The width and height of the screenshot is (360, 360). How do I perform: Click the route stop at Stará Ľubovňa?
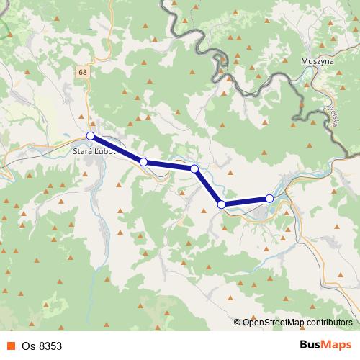(x=91, y=135)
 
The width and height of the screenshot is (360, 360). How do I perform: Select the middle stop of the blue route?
(x=194, y=168)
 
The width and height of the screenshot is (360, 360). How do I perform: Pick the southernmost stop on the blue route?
(x=222, y=205)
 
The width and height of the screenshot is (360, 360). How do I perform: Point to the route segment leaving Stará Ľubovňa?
(x=117, y=149)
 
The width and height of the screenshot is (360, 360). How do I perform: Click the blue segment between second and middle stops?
(x=169, y=166)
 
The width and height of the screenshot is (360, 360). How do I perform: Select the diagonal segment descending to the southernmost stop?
(x=208, y=187)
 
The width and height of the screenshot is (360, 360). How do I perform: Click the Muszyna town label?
(x=315, y=63)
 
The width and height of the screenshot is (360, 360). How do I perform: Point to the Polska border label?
(x=333, y=117)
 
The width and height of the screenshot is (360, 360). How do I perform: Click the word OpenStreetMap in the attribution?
(x=273, y=322)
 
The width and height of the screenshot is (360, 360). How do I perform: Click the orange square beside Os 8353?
(x=11, y=346)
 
